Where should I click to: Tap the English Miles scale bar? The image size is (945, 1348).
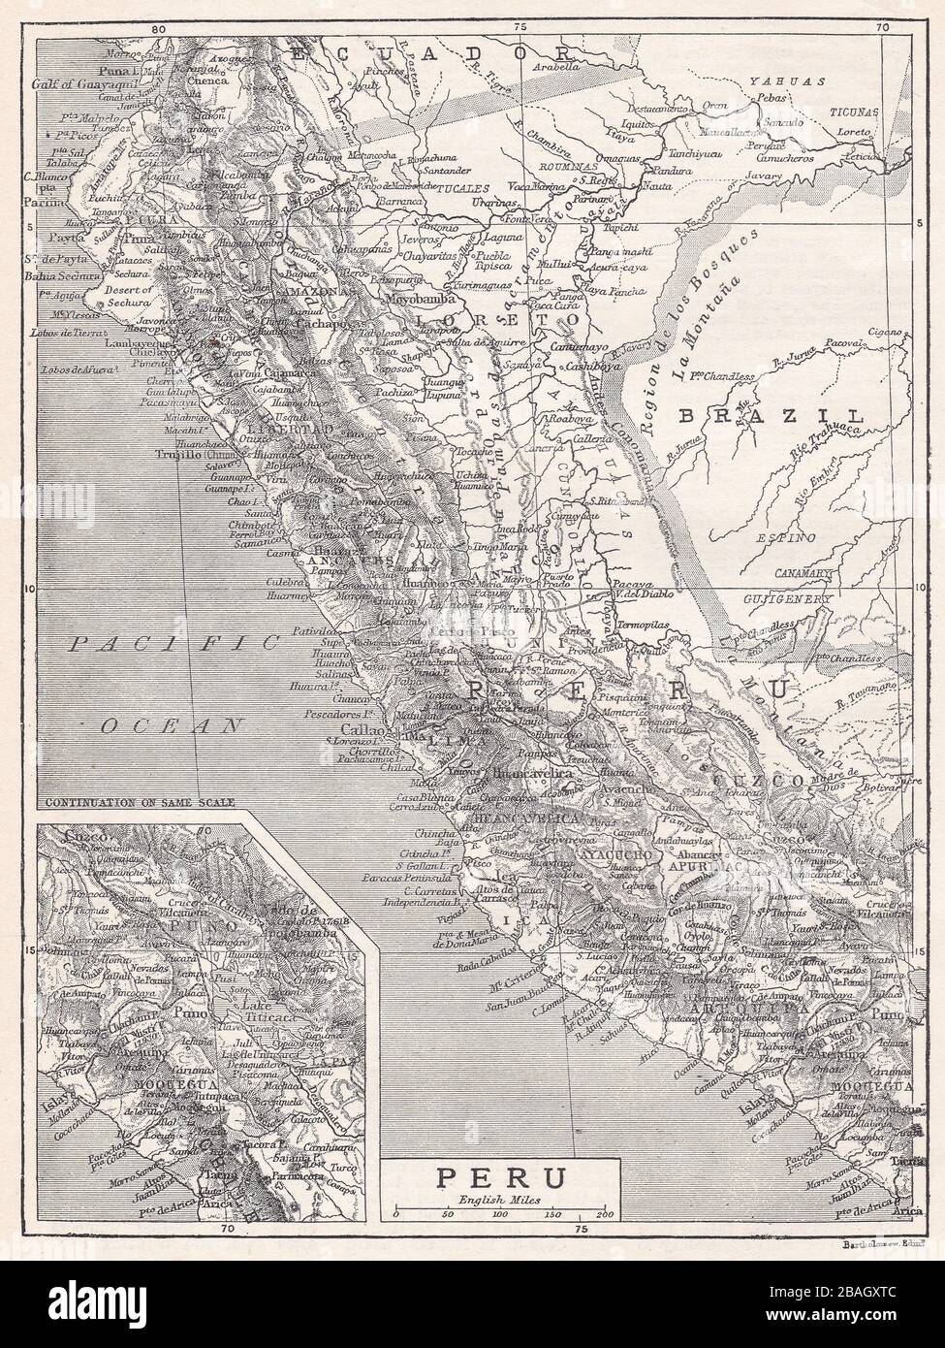pos(500,1213)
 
